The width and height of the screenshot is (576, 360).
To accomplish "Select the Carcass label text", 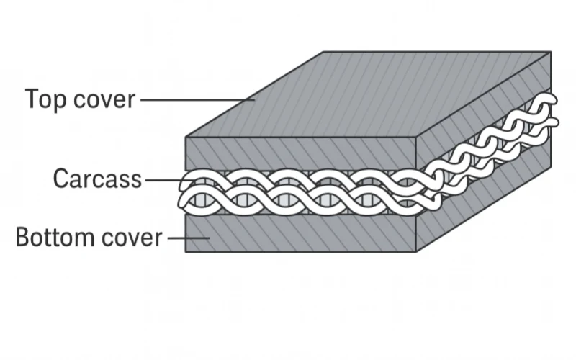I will coord(97,179).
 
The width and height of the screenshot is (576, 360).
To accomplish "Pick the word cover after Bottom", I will coord(135,237).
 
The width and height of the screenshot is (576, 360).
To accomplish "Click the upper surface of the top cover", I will coord(367,94).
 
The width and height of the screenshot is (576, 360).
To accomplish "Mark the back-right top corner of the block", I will coord(551,52).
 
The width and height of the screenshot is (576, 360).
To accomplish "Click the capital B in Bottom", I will coord(22,237).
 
